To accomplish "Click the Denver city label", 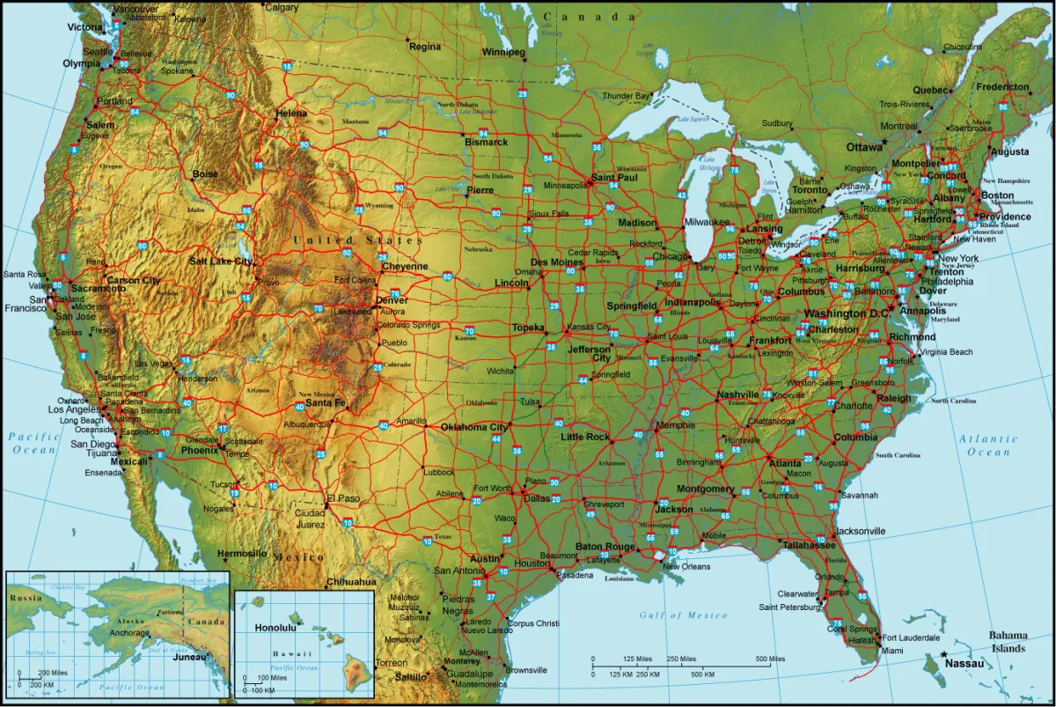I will (392, 300).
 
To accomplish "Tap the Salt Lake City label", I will (221, 261).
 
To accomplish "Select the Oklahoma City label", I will (474, 427).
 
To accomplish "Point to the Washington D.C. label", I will (847, 313).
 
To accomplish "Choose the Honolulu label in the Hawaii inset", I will (275, 628).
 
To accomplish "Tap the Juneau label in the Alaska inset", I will (190, 657).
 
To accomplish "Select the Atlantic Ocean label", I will (988, 446).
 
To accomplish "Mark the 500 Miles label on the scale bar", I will (770, 659).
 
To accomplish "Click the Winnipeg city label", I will (503, 52).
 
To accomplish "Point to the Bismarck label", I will (487, 142).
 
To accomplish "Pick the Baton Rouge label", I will (605, 547).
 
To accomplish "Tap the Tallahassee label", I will (809, 545).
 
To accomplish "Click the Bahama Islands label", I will (1008, 642).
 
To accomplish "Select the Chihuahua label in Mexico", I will (351, 582).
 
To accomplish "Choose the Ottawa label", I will (864, 147).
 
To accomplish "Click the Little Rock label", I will (585, 437).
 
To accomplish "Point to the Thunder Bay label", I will (626, 95).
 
